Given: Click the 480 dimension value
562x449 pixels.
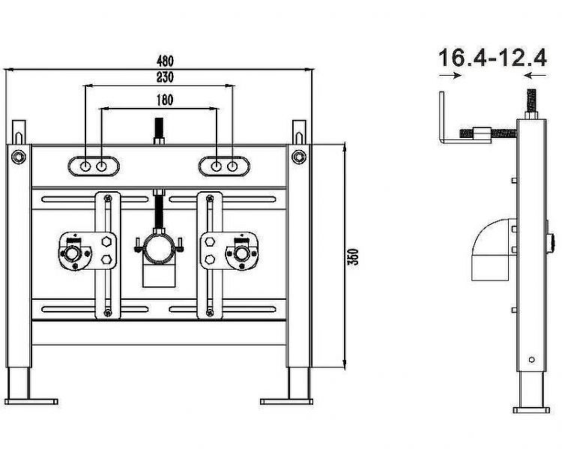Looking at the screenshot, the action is [x=165, y=61].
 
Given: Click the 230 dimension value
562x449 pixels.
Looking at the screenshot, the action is [x=165, y=77].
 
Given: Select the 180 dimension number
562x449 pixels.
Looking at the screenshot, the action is [x=165, y=100].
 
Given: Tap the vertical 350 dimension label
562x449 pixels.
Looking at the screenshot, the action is [x=354, y=257].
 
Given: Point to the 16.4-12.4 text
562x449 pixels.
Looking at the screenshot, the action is [x=492, y=58].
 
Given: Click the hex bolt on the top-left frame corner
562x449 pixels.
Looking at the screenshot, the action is [x=18, y=157].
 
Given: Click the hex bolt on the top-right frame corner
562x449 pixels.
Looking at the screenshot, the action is [x=298, y=157].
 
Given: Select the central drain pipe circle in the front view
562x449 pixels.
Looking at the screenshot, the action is [x=159, y=247].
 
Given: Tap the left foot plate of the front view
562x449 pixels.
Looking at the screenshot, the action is [x=31, y=402].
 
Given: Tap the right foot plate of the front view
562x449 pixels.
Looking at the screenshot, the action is [x=286, y=402].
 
